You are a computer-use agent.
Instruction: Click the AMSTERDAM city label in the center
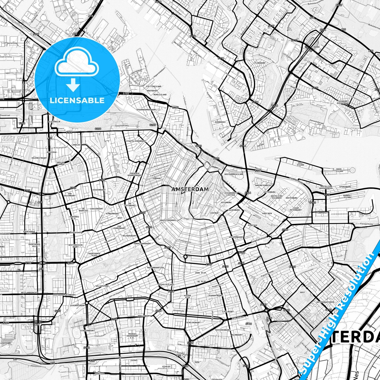click(x=190, y=189)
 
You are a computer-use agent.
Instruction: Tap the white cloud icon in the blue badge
click(x=77, y=64)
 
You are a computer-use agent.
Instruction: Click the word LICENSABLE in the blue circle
click(x=77, y=100)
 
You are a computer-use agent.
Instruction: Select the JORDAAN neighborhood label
click(x=156, y=178)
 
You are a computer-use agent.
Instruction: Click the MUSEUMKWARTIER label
click(x=155, y=267)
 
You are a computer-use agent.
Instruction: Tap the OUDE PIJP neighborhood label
click(x=201, y=273)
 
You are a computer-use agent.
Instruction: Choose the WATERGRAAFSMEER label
click(x=325, y=302)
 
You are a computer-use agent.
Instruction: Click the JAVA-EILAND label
click(x=301, y=164)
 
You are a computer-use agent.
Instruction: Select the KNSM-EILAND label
click(x=340, y=170)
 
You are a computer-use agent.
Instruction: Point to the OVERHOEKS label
click(x=220, y=122)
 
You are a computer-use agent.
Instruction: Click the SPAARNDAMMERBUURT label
click(x=146, y=110)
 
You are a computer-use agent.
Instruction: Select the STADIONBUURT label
click(x=87, y=330)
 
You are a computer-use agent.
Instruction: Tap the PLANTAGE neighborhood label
click(x=252, y=225)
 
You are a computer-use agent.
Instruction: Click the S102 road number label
click(x=126, y=93)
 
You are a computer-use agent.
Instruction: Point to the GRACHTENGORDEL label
click(x=168, y=220)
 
